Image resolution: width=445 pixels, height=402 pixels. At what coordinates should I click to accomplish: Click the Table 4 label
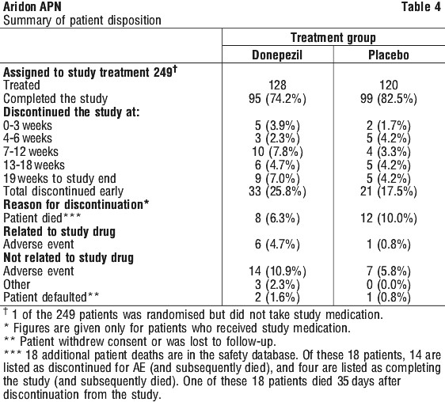(421, 7)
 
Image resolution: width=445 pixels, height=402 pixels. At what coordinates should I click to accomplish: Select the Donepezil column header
(277, 55)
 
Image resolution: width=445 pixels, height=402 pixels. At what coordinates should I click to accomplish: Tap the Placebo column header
(389, 55)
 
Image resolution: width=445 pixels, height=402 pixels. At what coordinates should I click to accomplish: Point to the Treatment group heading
(333, 38)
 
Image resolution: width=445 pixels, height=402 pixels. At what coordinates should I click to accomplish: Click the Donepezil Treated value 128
(277, 85)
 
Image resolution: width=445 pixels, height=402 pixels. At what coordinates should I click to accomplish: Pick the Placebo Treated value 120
(389, 85)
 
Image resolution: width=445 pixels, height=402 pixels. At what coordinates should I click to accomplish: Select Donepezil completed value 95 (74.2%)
(277, 99)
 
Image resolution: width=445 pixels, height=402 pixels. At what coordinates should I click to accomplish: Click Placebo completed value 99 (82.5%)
(389, 99)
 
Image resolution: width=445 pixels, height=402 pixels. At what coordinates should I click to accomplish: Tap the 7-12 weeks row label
(31, 152)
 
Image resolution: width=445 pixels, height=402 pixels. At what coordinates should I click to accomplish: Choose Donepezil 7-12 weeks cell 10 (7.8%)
(277, 152)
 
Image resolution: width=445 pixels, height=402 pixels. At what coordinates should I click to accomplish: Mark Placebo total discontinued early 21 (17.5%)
(389, 192)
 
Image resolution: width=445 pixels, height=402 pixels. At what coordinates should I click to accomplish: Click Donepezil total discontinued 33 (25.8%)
(277, 192)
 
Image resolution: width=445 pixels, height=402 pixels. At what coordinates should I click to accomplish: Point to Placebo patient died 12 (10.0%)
(389, 218)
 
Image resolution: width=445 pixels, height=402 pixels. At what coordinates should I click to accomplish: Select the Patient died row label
(42, 218)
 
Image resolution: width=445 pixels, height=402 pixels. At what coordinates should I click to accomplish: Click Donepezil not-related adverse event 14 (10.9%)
(277, 271)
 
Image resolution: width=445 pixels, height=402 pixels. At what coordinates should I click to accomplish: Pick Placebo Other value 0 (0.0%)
(389, 285)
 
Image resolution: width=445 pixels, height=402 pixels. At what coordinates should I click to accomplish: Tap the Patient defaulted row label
(51, 298)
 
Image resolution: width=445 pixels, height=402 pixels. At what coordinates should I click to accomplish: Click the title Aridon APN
(32, 7)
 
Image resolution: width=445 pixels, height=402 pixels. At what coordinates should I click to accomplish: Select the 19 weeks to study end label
(59, 179)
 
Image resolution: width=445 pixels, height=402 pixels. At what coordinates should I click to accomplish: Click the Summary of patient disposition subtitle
(82, 21)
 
